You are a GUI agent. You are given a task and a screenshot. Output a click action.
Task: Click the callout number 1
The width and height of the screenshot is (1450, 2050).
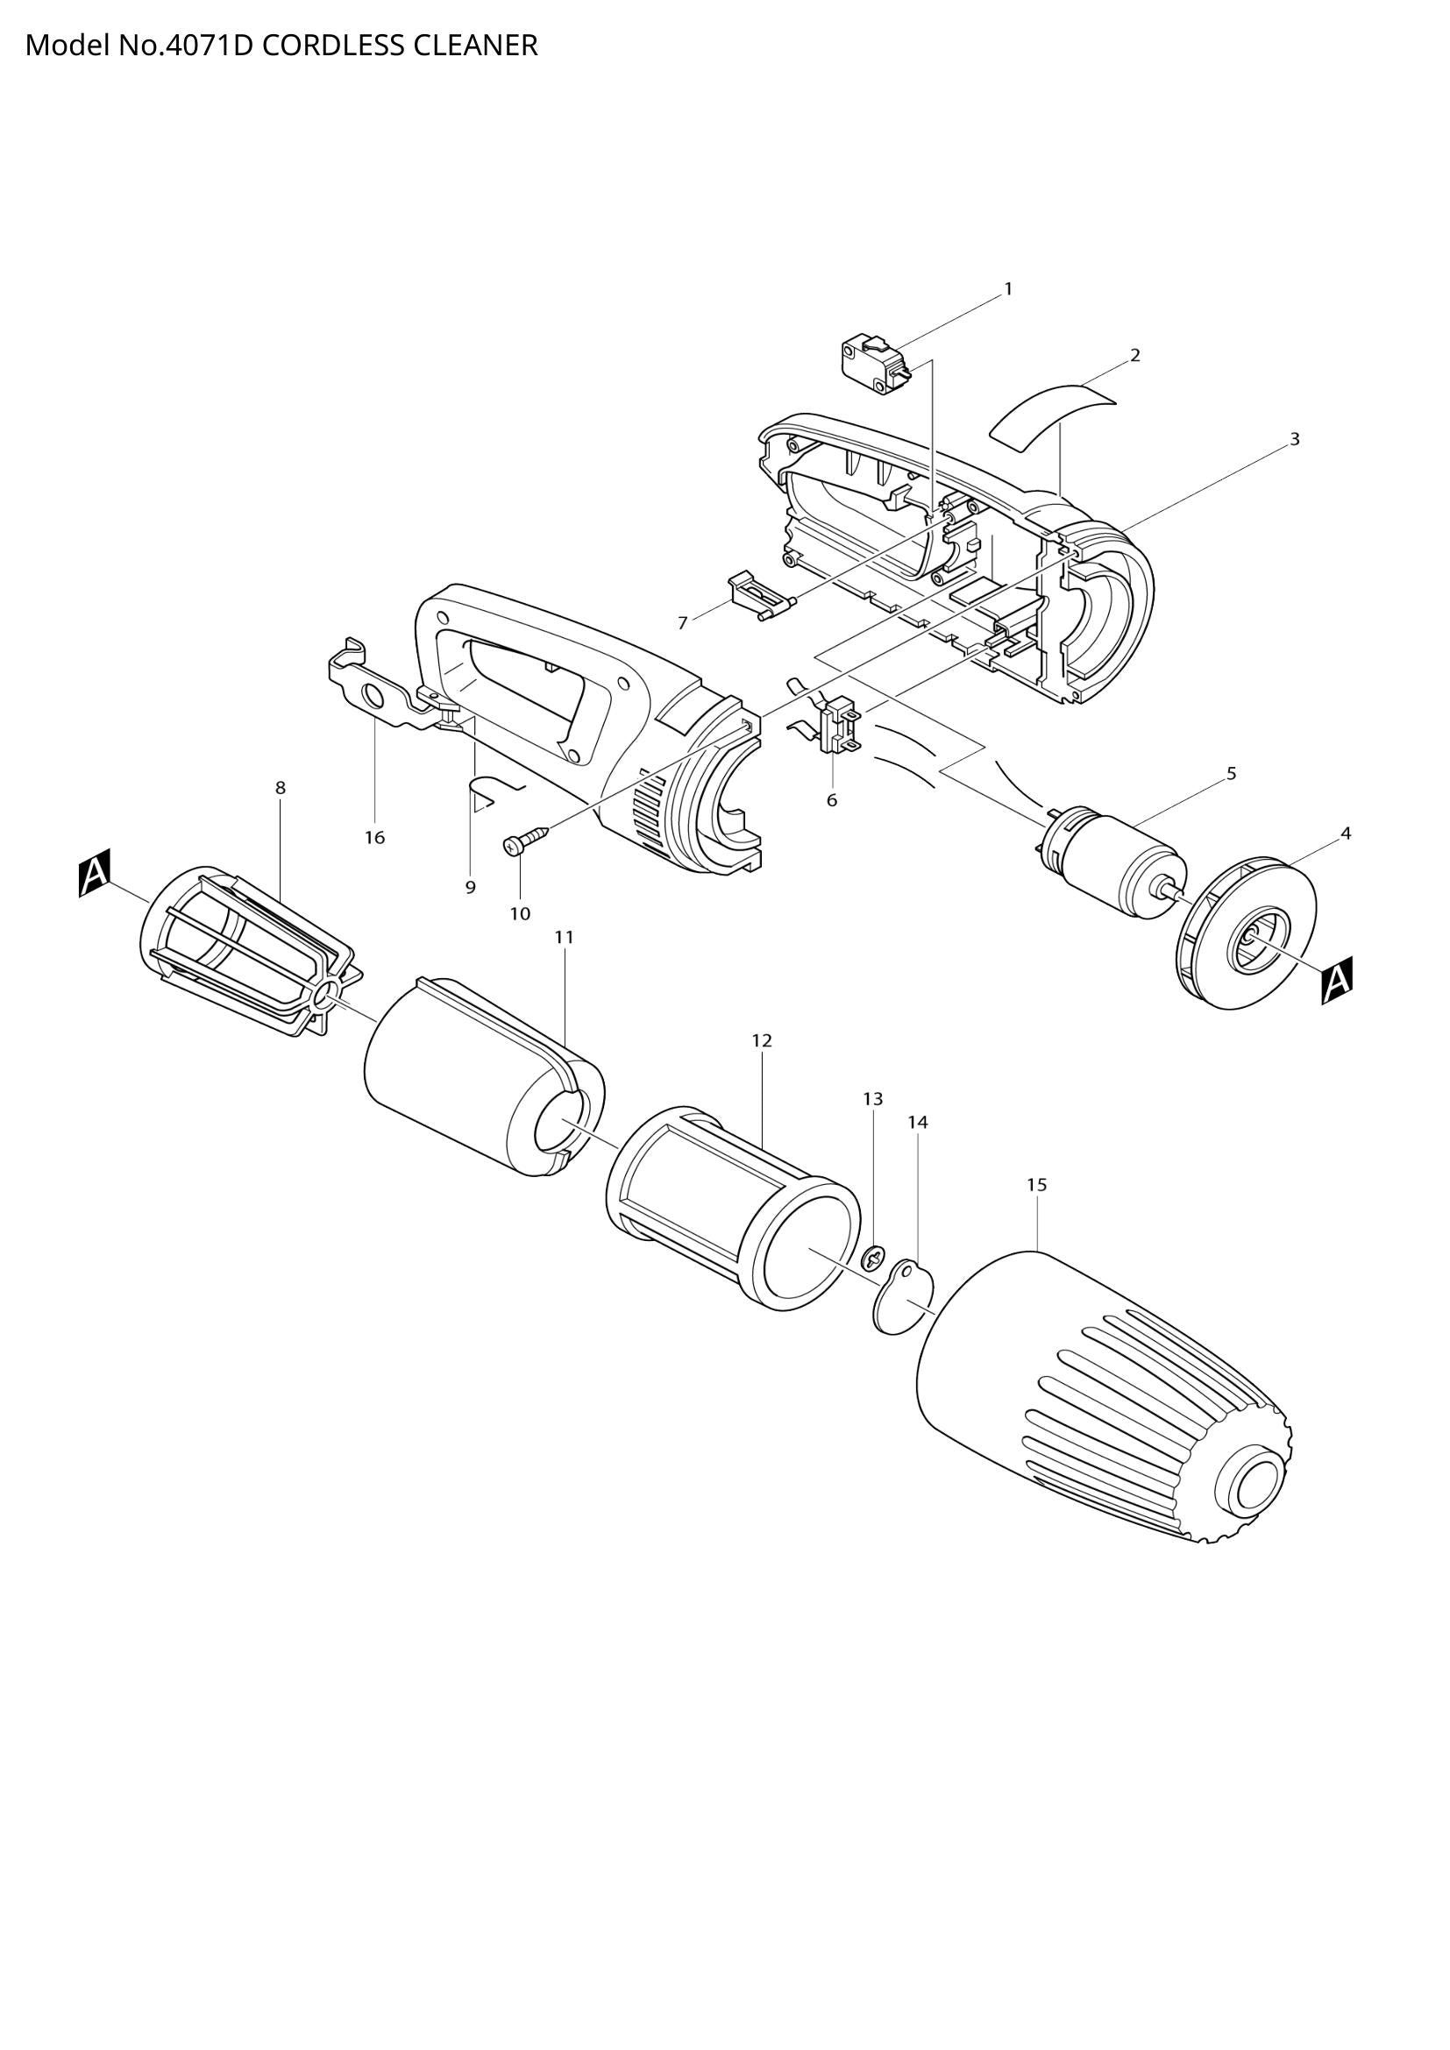1008,289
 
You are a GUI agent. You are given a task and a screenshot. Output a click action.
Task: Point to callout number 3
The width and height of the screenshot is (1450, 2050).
1295,439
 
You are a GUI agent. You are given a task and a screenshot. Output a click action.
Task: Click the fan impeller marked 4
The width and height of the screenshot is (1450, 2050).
1247,934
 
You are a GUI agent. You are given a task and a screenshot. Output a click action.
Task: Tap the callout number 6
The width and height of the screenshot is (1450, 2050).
831,801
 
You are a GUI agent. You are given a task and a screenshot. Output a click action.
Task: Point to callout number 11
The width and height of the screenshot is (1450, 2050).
564,938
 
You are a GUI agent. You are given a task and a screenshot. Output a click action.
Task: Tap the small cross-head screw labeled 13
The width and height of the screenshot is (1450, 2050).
872,1260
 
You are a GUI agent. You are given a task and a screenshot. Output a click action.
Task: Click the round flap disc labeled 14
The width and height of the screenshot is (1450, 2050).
902,1296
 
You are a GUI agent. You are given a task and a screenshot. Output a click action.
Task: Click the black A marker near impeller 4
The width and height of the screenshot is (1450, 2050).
1337,981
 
